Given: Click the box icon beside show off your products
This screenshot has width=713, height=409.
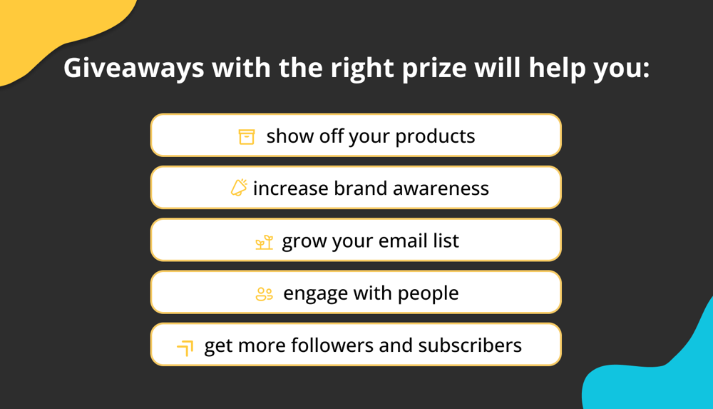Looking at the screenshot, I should click(247, 136).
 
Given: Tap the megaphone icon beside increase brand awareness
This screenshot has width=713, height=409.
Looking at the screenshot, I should click(239, 188).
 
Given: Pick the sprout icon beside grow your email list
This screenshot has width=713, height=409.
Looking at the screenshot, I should click(264, 242).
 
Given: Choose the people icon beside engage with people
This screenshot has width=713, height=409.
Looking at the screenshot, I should click(264, 293).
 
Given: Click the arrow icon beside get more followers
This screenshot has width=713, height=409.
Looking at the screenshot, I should click(185, 348).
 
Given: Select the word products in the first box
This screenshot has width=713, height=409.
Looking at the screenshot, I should click(435, 136).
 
